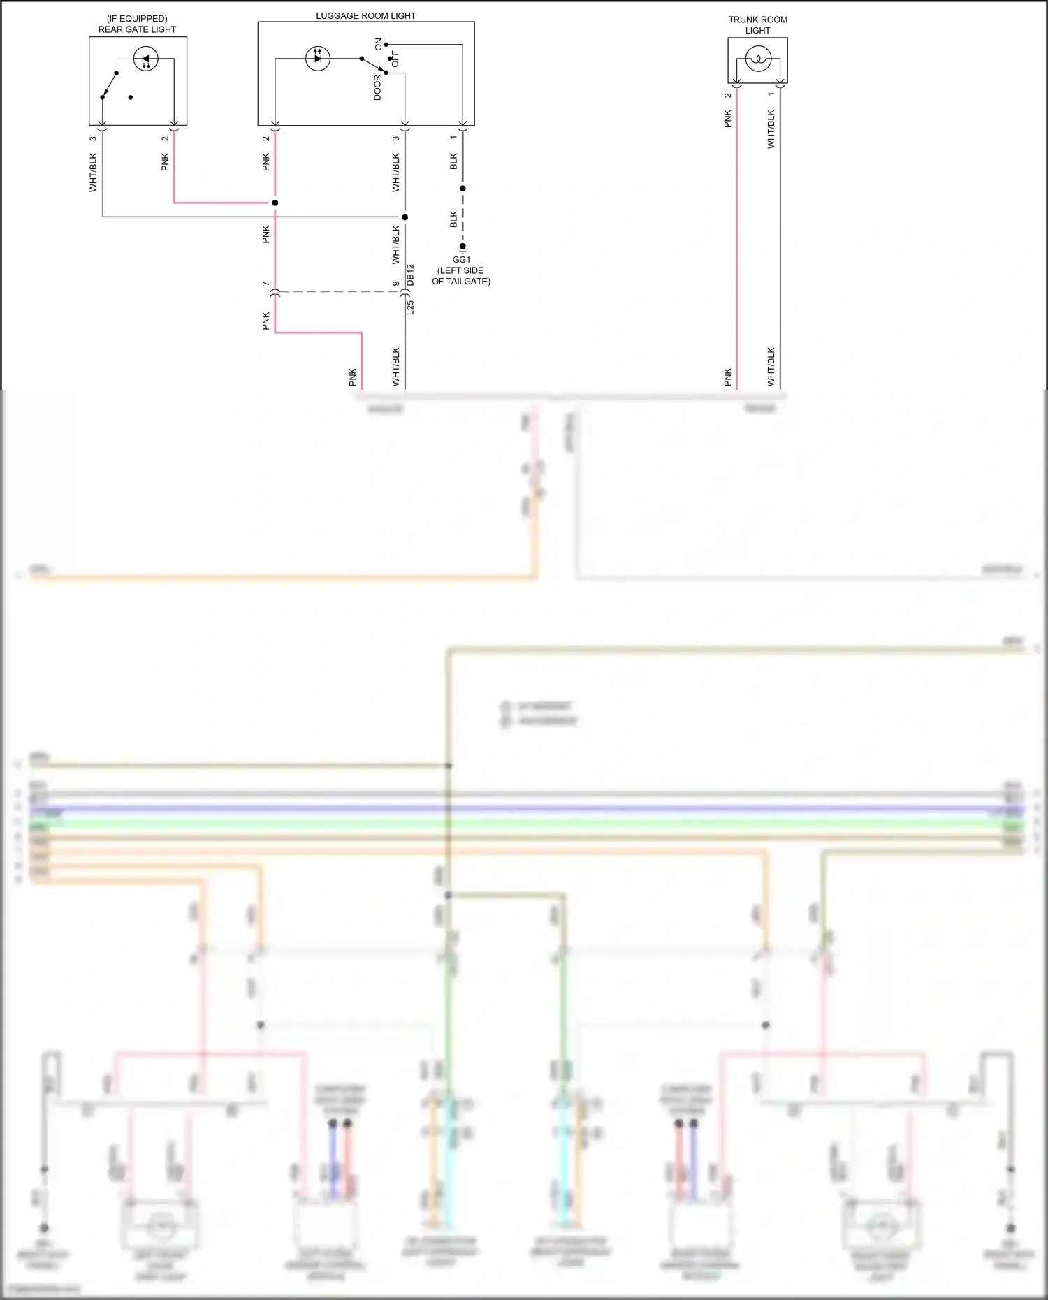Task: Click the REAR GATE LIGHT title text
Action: pos(137,29)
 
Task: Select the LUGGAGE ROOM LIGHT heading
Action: pos(365,15)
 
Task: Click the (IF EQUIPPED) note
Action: pos(137,19)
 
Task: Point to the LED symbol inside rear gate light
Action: pos(145,59)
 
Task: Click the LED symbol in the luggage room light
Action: pos(318,58)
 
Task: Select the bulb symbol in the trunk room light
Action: pos(758,59)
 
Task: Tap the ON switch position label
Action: pos(379,44)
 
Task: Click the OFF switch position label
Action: pos(395,59)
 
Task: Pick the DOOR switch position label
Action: pos(377,88)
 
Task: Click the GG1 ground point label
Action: pos(461,259)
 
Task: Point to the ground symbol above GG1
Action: pos(463,247)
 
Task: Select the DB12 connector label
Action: pos(411,275)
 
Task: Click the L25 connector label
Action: pos(411,307)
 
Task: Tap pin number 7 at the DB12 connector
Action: pos(265,284)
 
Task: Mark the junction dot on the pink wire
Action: pos(275,203)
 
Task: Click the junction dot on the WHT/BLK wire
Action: pos(405,217)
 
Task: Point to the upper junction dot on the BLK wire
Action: pos(463,189)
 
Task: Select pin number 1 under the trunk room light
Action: pos(771,94)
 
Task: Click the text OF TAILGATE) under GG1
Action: pos(461,281)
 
